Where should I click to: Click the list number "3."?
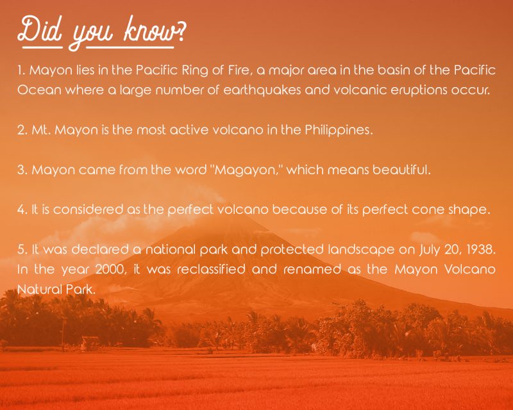22,171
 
